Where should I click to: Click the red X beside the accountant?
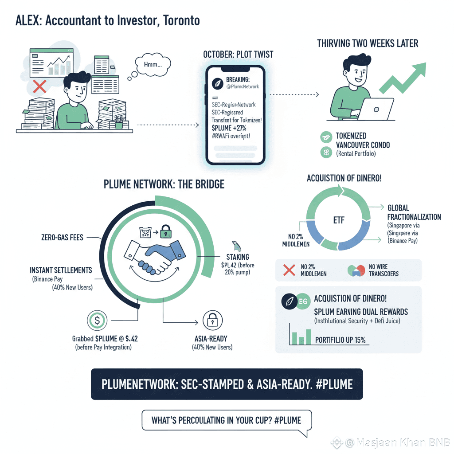[x=39, y=86]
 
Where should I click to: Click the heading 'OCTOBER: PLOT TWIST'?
[x=238, y=55]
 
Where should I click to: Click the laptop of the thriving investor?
[x=375, y=110]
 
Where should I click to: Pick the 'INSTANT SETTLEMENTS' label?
[x=61, y=270]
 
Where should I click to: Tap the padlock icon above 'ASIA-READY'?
[x=212, y=321]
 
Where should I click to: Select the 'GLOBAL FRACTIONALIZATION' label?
[x=414, y=212]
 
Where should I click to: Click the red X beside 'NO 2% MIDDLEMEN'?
[x=289, y=270]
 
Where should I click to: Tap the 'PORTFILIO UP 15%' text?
[x=340, y=340]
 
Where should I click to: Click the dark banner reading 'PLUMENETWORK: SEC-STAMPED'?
[x=227, y=384]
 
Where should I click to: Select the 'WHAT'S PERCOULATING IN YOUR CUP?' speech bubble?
[x=227, y=419]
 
